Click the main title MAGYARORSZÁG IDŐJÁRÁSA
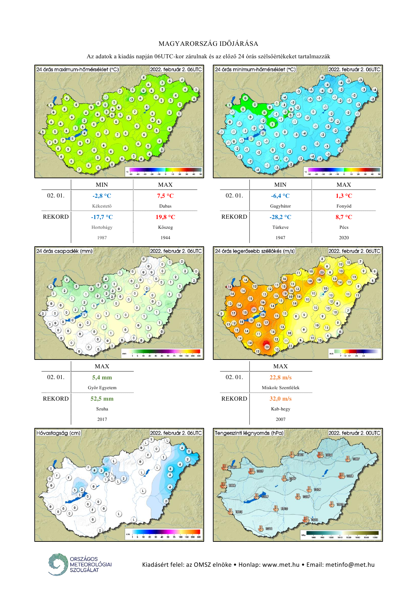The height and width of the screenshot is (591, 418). [x=208, y=44]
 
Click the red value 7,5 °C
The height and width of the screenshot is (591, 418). [x=165, y=196]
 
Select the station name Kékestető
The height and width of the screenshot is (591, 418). [x=102, y=206]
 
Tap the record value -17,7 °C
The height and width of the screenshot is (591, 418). [x=102, y=217]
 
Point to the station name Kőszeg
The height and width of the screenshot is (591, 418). [x=165, y=227]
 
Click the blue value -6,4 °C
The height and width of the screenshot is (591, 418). [x=280, y=196]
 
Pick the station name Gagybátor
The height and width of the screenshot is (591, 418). [x=280, y=206]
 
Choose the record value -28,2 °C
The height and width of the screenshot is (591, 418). [x=280, y=217]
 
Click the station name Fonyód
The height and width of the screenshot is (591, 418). [x=344, y=206]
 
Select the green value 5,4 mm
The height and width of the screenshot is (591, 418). [x=102, y=377]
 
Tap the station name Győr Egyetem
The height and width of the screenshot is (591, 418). [x=102, y=388]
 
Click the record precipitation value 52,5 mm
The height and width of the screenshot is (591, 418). [x=102, y=399]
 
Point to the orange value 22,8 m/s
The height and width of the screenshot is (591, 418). [x=281, y=377]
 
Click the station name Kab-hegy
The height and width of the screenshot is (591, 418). [x=281, y=409]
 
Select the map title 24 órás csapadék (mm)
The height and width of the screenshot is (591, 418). [x=64, y=251]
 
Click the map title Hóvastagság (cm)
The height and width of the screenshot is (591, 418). [x=59, y=433]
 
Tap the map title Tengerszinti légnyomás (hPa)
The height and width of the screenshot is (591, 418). [x=249, y=433]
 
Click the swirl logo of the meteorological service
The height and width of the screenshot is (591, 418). [x=58, y=564]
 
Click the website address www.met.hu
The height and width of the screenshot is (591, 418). [x=281, y=565]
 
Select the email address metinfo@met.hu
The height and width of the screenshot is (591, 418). [x=350, y=565]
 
